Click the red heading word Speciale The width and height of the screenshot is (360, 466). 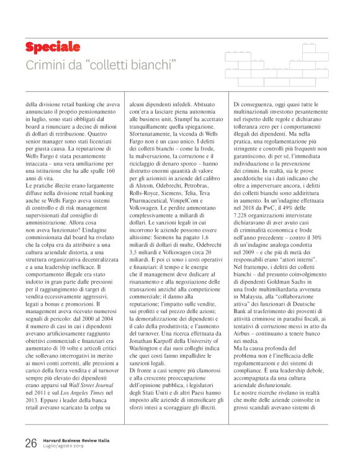pos(53,47)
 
